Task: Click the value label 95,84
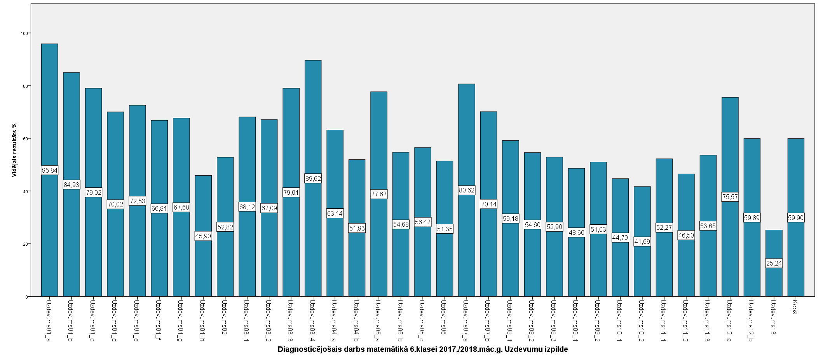[49, 170]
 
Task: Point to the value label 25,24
[774, 263]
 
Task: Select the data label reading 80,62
[467, 190]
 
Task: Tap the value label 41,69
[642, 241]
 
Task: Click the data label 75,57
[730, 197]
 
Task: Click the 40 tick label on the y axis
[25, 191]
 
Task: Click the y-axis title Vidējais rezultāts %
[14, 150]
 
